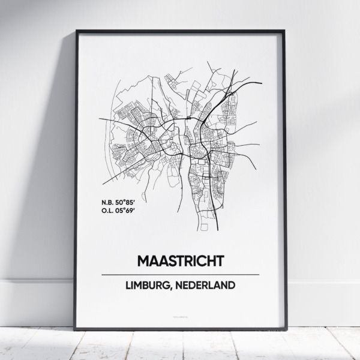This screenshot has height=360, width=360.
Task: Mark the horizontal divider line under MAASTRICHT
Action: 180,274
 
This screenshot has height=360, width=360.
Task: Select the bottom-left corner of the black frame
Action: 76,329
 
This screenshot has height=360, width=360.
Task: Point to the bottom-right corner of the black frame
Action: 284,329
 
